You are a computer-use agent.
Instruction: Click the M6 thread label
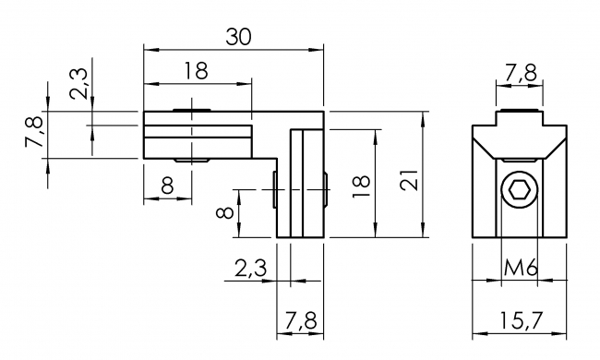coord(521,268)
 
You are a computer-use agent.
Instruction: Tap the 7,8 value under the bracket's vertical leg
coord(300,320)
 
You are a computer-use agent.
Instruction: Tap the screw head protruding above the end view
coord(519,116)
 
